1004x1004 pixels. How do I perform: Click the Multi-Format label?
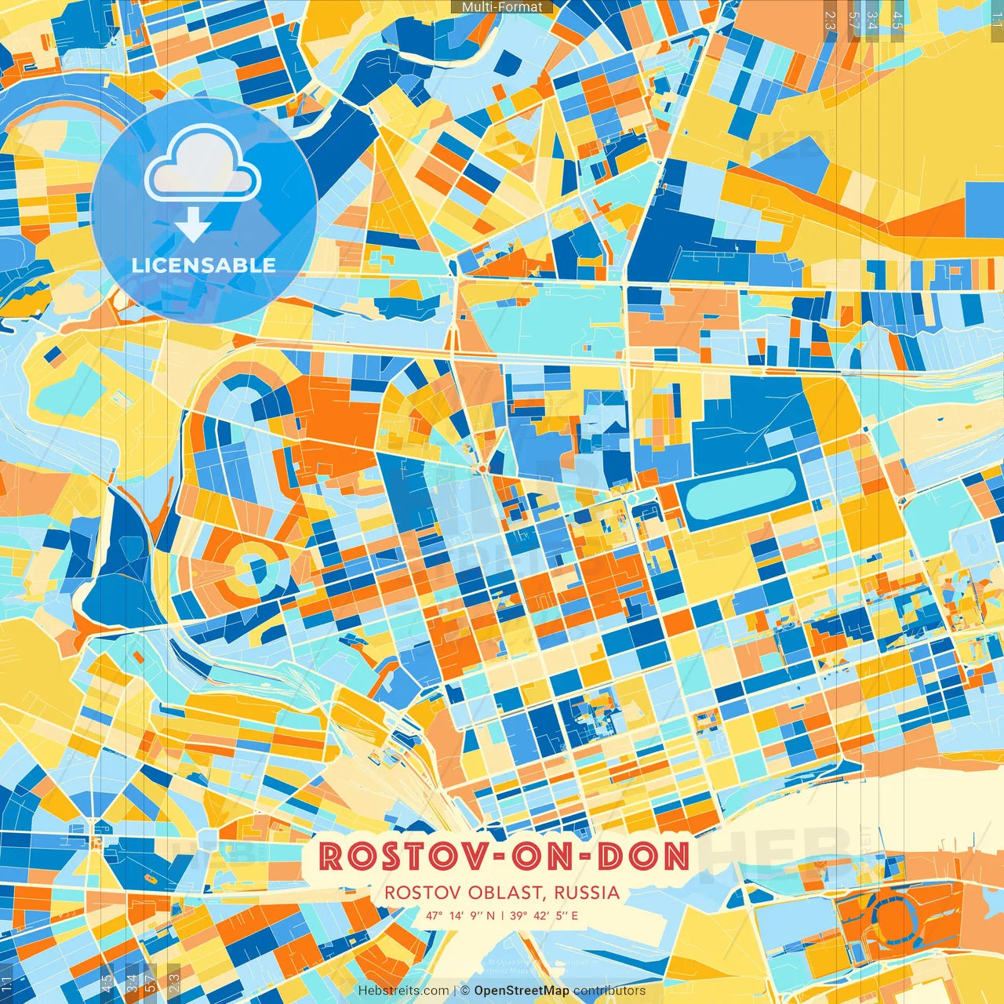pos(502,7)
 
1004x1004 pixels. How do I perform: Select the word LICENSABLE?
pos(204,265)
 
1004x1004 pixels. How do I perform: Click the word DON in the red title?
pos(643,857)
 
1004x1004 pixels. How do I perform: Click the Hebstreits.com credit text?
pos(403,991)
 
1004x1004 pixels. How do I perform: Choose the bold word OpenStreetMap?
pos(522,991)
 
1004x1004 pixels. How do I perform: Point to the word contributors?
pos(609,991)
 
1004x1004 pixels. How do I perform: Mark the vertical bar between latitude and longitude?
pos(503,915)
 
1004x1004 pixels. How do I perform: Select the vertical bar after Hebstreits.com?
pos(455,991)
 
